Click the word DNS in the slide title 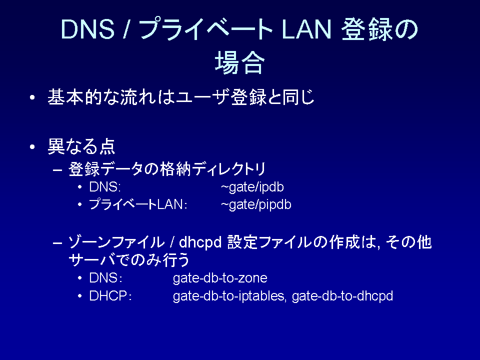pos(88,29)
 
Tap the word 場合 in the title pos(239,62)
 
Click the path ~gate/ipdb pos(252,187)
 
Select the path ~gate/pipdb pos(256,204)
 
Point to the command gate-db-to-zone pos(220,278)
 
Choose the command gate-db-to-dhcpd pos(342,296)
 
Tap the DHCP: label pos(110,295)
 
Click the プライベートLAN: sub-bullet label pos(138,204)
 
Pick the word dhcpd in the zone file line pos(200,242)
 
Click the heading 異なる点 pos(81,146)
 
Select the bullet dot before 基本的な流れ pos(32,98)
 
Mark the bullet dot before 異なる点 pos(32,147)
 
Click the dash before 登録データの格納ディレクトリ pos(57,169)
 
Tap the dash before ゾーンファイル pos(57,243)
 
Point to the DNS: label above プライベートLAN pos(105,186)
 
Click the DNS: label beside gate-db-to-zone pos(106,278)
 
